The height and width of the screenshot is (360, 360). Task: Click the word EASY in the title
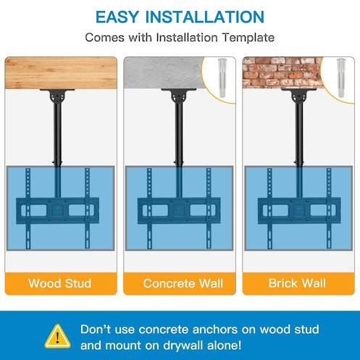pyautogui.click(x=117, y=17)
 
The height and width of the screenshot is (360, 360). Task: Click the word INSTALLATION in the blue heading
pyautogui.click(x=205, y=17)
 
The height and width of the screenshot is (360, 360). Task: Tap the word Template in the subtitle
pyautogui.click(x=248, y=38)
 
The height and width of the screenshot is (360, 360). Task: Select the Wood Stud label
pyautogui.click(x=60, y=283)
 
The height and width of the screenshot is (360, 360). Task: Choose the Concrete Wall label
pyautogui.click(x=183, y=283)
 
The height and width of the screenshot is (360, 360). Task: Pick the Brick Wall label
pyautogui.click(x=297, y=283)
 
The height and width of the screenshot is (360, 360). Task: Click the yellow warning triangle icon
pyautogui.click(x=58, y=336)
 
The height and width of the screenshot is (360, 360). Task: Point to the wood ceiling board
pyautogui.click(x=61, y=73)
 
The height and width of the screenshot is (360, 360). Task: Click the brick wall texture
pyautogui.click(x=282, y=73)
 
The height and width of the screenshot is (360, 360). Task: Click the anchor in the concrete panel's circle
pyautogui.click(x=222, y=78)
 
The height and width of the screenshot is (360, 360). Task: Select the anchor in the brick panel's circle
pyautogui.click(x=340, y=78)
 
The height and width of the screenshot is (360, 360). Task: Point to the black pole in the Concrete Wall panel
pyautogui.click(x=179, y=133)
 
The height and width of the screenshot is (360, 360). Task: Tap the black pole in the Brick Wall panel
pyautogui.click(x=299, y=133)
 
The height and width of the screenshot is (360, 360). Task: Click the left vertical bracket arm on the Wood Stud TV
pyautogui.click(x=28, y=209)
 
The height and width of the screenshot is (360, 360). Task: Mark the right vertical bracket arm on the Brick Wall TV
pyautogui.click(x=329, y=209)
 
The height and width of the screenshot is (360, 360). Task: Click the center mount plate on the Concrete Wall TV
pyautogui.click(x=179, y=210)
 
